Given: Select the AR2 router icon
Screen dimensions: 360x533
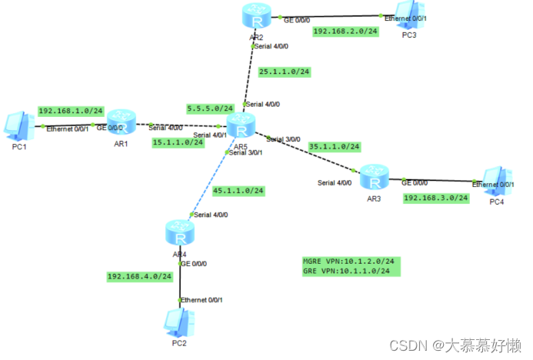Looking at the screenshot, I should point(253,15).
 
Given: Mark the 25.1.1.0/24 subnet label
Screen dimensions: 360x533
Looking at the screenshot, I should point(284,72).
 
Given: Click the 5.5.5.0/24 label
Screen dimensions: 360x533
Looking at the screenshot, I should point(209,108).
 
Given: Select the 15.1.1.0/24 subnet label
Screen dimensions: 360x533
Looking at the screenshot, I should point(177,142).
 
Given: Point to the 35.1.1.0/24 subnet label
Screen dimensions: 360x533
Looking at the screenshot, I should point(335,146).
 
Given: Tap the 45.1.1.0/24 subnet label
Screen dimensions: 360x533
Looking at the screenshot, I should point(238,190).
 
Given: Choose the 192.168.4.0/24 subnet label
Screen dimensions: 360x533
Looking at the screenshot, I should point(139,276).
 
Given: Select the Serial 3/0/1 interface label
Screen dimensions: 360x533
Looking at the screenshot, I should point(246,152).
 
